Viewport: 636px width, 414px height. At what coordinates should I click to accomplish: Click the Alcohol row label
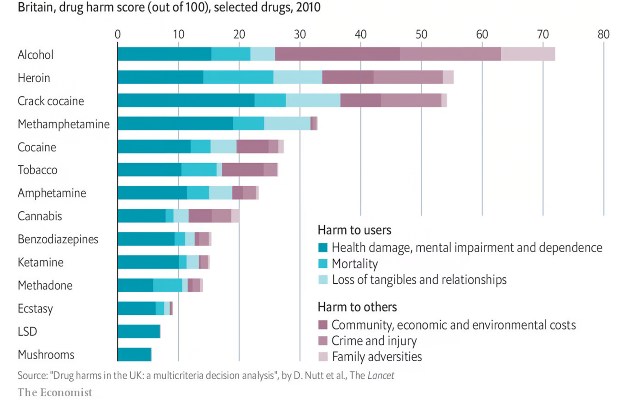[36, 55]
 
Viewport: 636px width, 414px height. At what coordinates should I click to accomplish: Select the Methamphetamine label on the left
[64, 124]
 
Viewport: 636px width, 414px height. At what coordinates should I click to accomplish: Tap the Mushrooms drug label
[46, 354]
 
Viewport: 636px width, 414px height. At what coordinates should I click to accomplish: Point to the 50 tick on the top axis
[421, 34]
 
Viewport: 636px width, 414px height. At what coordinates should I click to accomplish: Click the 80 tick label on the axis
[603, 34]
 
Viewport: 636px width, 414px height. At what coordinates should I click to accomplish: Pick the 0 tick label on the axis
[117, 34]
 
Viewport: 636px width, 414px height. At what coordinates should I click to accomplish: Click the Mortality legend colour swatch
[323, 264]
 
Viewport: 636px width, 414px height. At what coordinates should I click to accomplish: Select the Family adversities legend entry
[377, 356]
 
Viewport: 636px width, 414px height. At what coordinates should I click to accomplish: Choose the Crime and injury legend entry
[374, 341]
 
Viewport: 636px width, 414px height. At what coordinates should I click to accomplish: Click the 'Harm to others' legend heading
[357, 307]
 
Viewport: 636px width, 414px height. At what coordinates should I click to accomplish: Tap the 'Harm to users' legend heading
[354, 230]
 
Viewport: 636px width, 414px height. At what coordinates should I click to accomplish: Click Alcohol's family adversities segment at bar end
[528, 54]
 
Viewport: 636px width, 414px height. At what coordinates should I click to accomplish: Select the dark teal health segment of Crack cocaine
[186, 100]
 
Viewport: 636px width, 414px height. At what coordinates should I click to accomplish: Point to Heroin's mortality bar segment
[238, 77]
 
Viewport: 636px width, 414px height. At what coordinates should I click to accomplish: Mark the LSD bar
[139, 331]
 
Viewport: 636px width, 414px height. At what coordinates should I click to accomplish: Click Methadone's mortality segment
[168, 285]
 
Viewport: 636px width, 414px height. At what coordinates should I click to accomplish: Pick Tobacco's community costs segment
[243, 170]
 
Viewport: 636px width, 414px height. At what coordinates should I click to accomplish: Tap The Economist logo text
[55, 392]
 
